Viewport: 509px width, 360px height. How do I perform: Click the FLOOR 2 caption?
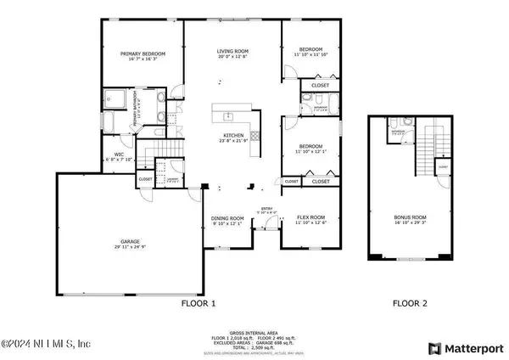click(410, 302)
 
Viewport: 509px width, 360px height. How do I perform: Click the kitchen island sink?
click(227, 115)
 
